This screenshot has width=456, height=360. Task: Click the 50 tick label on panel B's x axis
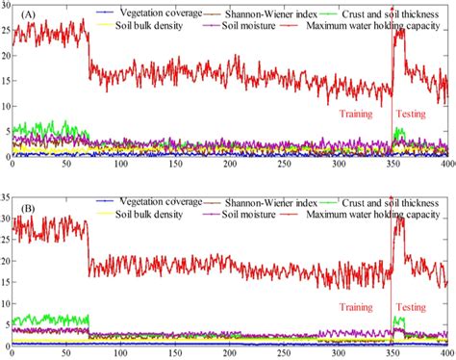[66, 353]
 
